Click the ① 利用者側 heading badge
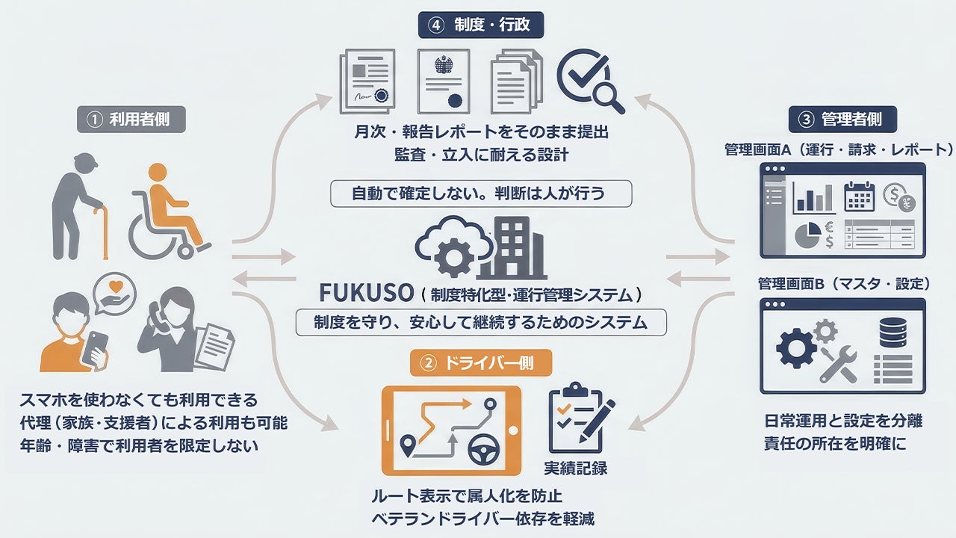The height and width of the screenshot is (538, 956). pyautogui.click(x=131, y=120)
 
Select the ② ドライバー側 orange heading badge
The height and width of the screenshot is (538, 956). pyautogui.click(x=481, y=364)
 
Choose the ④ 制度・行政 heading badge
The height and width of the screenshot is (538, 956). pyautogui.click(x=480, y=25)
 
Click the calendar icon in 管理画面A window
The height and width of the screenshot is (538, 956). pyautogui.click(x=859, y=197)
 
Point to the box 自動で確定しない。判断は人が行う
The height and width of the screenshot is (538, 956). pyautogui.click(x=481, y=194)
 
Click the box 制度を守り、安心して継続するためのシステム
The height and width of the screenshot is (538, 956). pyautogui.click(x=481, y=323)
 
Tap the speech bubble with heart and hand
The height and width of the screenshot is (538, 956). pyautogui.click(x=115, y=292)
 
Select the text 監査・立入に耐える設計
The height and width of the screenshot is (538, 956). pyautogui.click(x=481, y=155)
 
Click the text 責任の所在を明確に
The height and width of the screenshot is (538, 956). pyautogui.click(x=835, y=443)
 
